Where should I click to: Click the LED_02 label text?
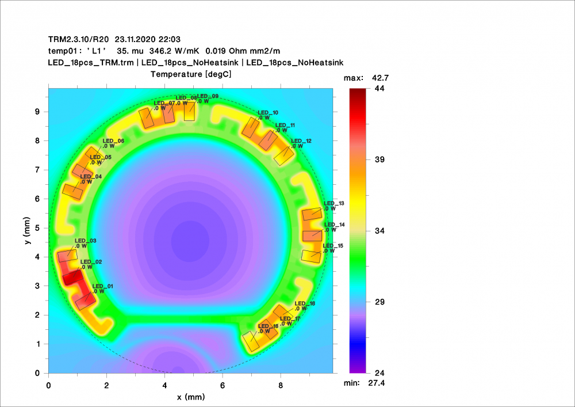click(x=91, y=262)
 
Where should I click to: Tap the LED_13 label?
click(x=334, y=203)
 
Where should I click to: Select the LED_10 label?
click(x=268, y=113)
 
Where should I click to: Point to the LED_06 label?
click(x=113, y=141)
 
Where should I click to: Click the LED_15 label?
click(x=333, y=246)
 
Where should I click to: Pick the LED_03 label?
click(x=86, y=241)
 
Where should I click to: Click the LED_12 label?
click(x=301, y=141)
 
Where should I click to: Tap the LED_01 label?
click(x=103, y=286)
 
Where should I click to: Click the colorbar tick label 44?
click(x=379, y=89)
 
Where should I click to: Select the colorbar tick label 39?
click(x=379, y=159)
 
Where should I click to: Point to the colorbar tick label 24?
click(x=379, y=373)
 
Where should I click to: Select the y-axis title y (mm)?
click(x=27, y=231)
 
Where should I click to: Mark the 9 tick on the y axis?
click(x=37, y=112)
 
